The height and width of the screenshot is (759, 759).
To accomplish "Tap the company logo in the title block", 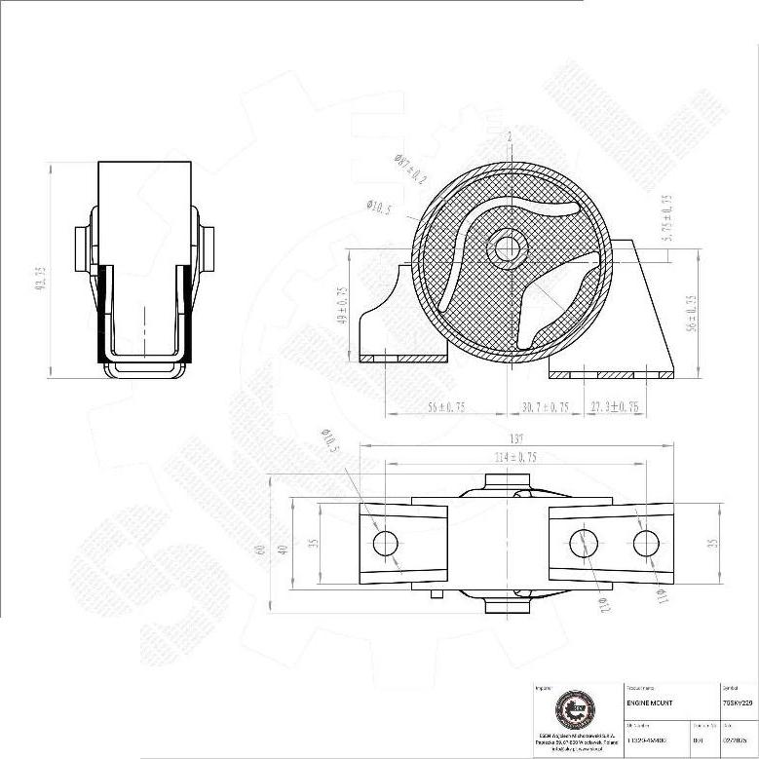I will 572,708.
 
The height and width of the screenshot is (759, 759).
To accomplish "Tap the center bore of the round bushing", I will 507,249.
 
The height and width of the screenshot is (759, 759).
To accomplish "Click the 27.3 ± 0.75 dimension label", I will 614,407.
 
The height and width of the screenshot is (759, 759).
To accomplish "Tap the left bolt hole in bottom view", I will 386,543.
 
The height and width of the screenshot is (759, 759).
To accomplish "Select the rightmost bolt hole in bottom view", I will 645,543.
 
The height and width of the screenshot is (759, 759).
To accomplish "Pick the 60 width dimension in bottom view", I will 260,549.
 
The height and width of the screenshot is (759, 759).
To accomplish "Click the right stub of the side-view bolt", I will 208,249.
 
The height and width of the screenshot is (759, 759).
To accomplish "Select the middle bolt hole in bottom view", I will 585,543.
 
